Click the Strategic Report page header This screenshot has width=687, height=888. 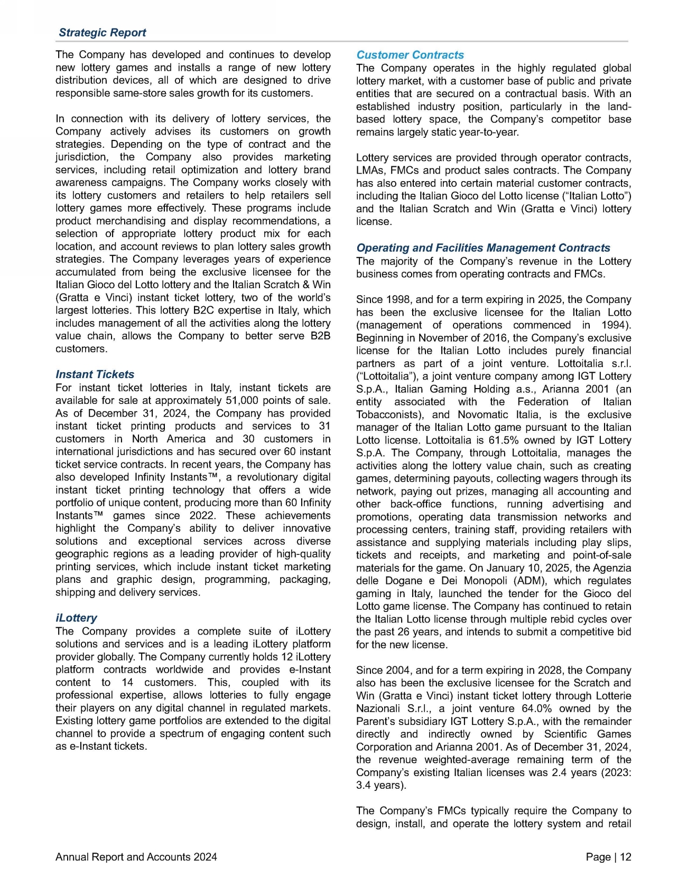(102, 32)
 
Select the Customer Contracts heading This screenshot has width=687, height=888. (410, 55)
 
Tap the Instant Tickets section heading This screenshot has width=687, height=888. (95, 374)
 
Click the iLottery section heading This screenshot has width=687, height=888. (76, 618)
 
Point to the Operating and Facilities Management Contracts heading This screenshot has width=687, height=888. (483, 248)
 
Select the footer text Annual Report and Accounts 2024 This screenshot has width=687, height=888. (136, 857)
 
